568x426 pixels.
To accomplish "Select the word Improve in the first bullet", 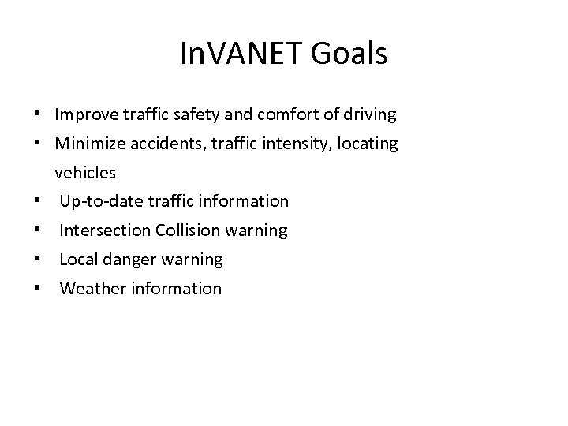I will tap(81, 115).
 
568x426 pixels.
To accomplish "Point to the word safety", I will tap(179, 115).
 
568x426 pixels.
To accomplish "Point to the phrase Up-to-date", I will tap(97, 201).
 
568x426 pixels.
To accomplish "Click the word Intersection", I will tap(105, 230).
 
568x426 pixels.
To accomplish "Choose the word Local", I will tap(78, 260).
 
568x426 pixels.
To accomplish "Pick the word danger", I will tap(130, 260).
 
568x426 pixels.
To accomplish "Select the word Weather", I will tap(90, 289).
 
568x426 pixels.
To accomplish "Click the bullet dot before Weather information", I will tap(38, 289).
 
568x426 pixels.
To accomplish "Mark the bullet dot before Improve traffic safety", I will tap(38, 115).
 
